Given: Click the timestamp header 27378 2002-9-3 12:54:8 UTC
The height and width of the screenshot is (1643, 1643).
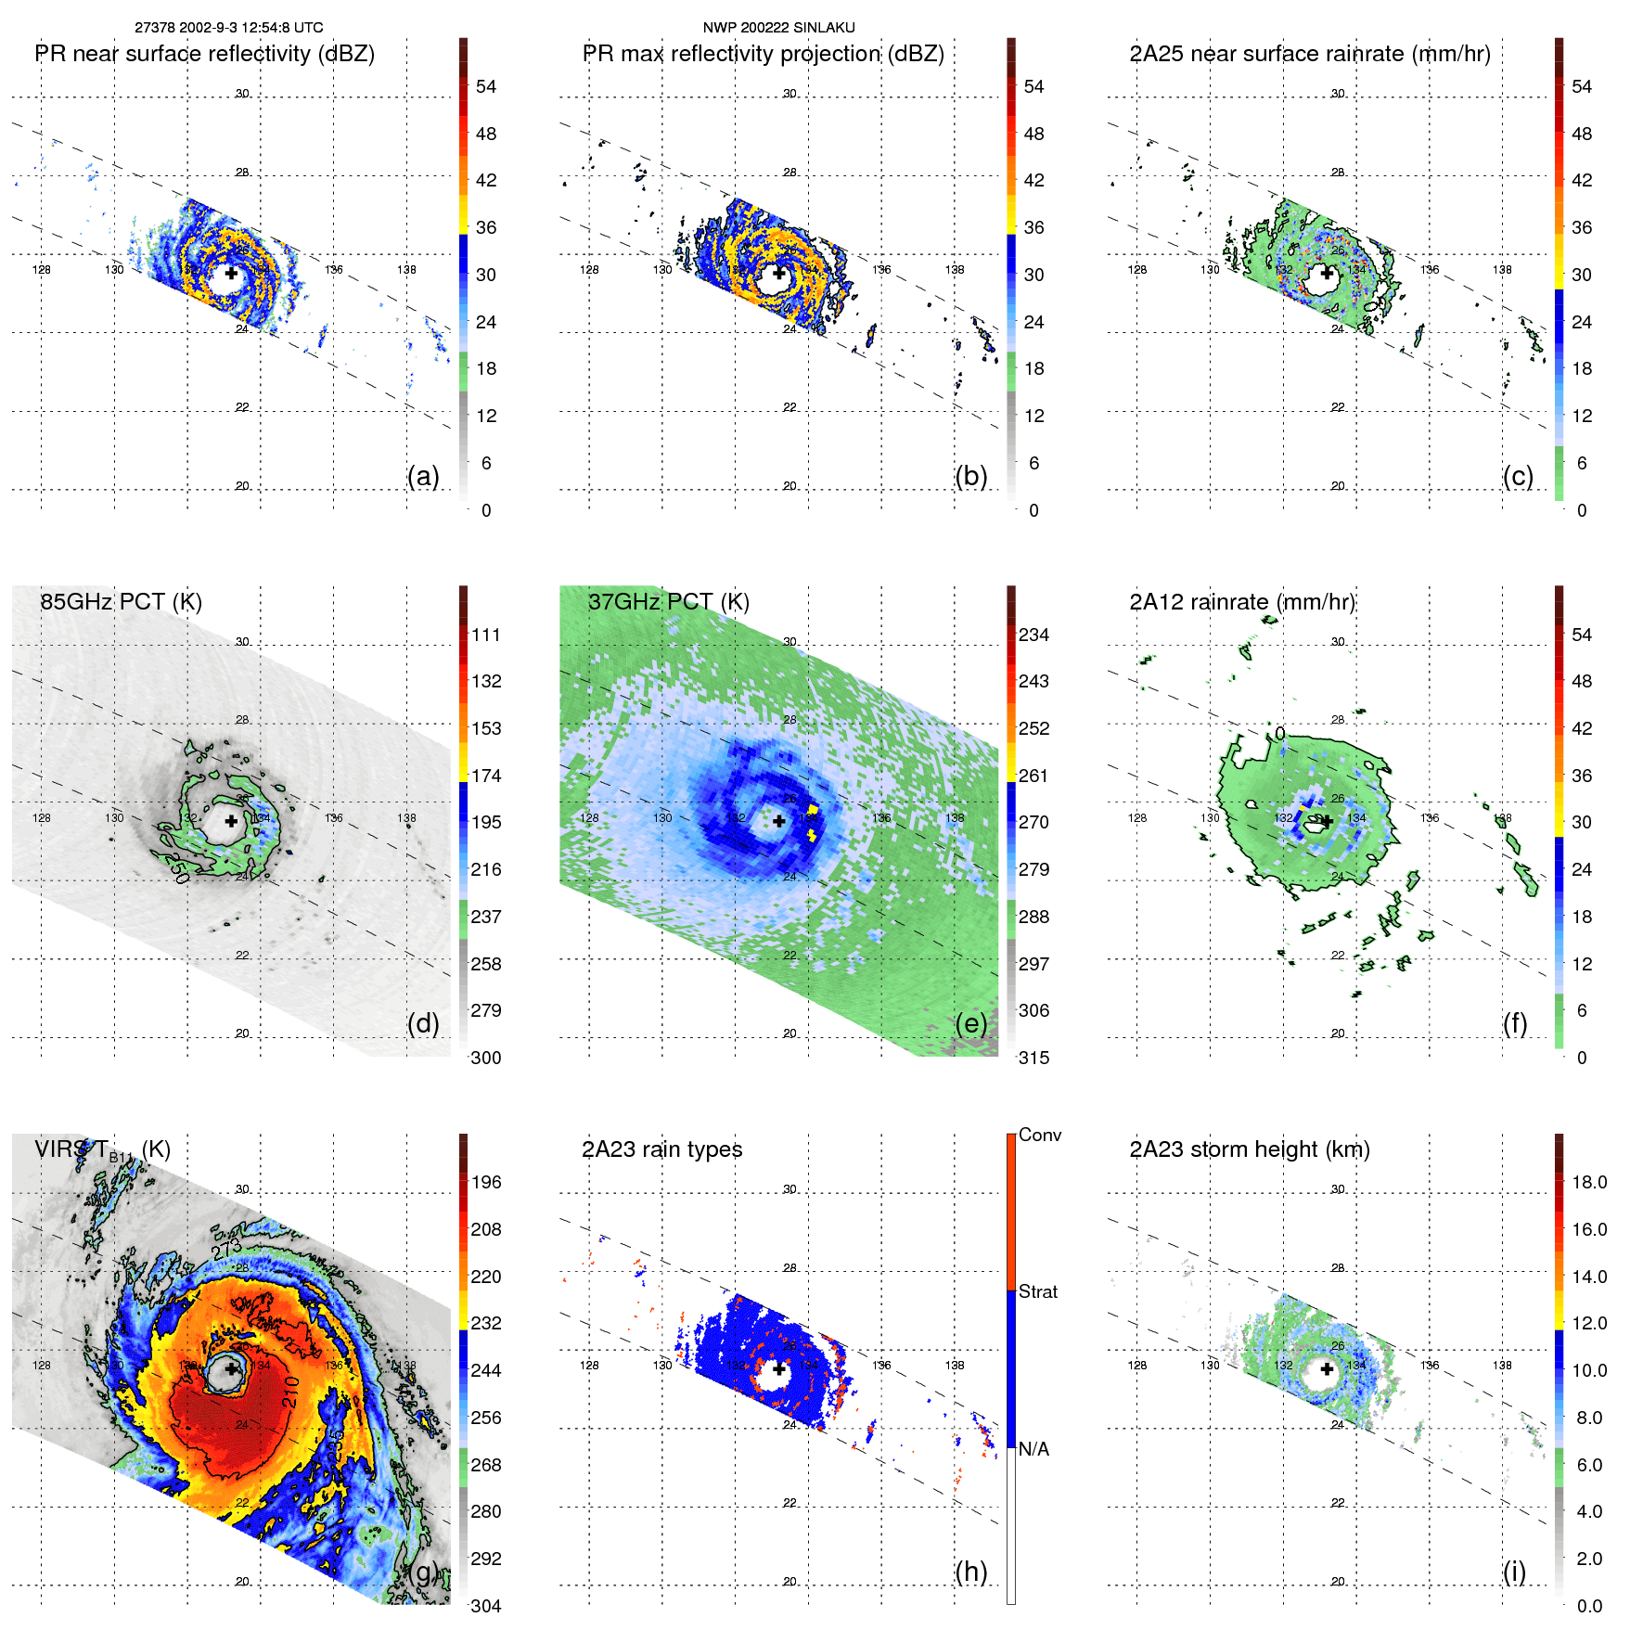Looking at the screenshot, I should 229,28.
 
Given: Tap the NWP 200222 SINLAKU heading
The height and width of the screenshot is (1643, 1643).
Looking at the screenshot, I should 778,28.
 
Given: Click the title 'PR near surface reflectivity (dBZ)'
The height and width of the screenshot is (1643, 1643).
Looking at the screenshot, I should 205,54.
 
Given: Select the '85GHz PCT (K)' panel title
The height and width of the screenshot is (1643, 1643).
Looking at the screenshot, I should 122,602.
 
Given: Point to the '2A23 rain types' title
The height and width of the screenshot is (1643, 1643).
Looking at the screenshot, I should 662,1149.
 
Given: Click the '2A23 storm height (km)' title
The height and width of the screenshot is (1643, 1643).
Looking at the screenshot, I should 1250,1149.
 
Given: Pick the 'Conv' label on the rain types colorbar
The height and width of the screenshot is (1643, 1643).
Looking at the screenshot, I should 1040,1136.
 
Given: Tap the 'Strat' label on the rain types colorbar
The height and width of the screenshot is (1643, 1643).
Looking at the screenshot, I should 1038,1292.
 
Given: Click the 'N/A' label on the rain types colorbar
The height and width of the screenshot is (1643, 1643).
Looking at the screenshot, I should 1034,1449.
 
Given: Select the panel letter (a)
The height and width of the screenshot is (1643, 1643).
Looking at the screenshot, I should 423,476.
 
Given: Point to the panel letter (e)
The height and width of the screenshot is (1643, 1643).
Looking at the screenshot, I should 971,1023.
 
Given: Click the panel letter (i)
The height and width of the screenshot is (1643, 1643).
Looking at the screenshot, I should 1515,1572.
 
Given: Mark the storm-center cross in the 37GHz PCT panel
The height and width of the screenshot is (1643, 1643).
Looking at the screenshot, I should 779,821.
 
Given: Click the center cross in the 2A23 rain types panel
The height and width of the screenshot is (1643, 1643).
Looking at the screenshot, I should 779,1368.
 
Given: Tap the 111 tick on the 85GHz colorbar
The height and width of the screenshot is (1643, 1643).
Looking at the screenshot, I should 486,635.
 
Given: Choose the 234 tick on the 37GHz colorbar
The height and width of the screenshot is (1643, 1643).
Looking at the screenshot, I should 1033,635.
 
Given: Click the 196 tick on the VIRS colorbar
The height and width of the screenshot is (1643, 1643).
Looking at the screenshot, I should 486,1183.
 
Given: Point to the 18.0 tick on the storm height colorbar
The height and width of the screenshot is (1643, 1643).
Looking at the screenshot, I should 1589,1183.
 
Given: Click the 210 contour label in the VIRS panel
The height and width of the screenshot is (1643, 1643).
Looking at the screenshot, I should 291,1393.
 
